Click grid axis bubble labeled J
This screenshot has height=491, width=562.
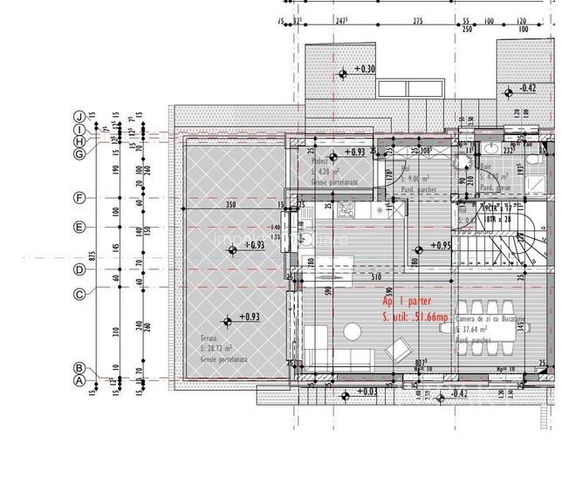pyautogui.click(x=79, y=116)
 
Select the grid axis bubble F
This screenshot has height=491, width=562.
pyautogui.click(x=79, y=198)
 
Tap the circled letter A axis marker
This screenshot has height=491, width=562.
pyautogui.click(x=79, y=381)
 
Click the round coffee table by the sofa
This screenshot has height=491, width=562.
pyautogui.click(x=353, y=332)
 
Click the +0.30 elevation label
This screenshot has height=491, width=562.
pyautogui.click(x=364, y=69)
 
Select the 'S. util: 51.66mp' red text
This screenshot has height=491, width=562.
pyautogui.click(x=414, y=315)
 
